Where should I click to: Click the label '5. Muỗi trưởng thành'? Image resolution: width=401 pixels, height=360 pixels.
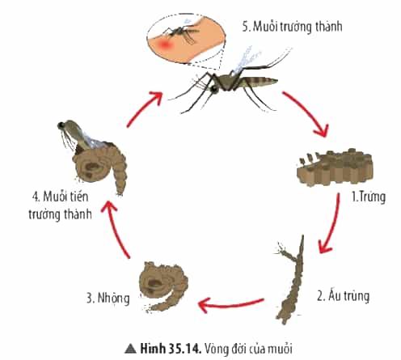pyautogui.click(x=292, y=27)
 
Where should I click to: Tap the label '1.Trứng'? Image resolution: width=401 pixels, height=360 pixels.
pyautogui.click(x=368, y=197)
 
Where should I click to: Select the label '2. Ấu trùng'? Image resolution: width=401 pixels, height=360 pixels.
pyautogui.click(x=343, y=296)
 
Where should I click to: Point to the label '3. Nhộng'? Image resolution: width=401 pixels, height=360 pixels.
pyautogui.click(x=108, y=299)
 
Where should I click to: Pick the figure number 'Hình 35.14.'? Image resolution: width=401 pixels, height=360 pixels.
pyautogui.click(x=171, y=349)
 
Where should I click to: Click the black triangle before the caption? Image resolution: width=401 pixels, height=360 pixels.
pyautogui.click(x=130, y=349)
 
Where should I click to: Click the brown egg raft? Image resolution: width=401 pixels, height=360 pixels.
pyautogui.click(x=335, y=167)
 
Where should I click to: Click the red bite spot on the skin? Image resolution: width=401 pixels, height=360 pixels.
pyautogui.click(x=164, y=44)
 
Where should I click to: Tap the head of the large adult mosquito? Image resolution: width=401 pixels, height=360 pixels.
pyautogui.click(x=213, y=88)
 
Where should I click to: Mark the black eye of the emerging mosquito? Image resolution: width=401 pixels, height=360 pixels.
pyautogui.click(x=61, y=125)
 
